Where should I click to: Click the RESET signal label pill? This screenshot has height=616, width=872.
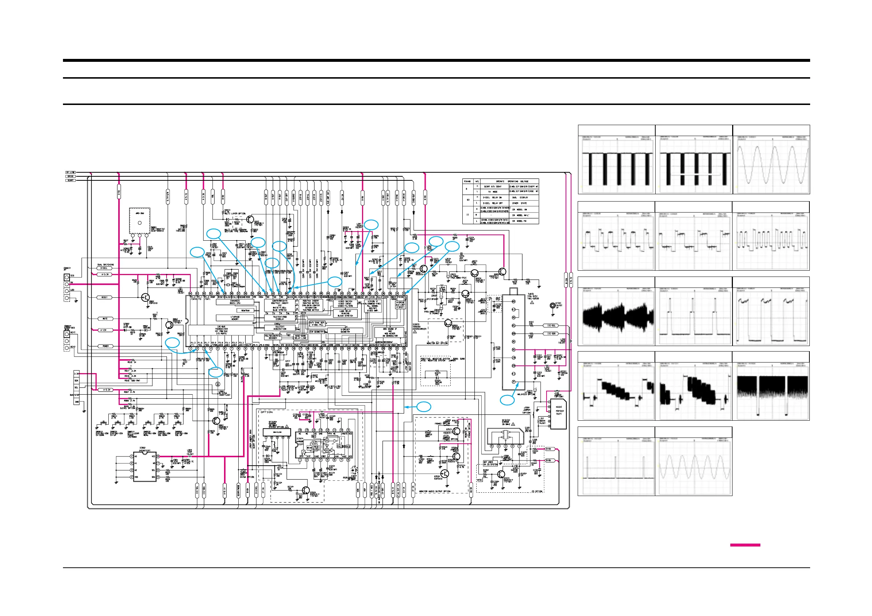(x=105, y=297)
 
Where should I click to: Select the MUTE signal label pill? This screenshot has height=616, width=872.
(x=105, y=319)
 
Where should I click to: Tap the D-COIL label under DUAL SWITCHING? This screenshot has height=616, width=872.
(x=104, y=268)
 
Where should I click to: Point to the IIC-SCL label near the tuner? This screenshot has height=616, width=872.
(x=551, y=326)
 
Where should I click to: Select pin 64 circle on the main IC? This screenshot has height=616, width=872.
(x=190, y=293)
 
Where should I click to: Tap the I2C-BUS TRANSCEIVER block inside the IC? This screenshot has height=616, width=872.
(x=221, y=330)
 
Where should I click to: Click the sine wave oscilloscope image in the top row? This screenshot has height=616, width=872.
(x=771, y=164)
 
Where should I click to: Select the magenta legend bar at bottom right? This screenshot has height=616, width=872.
(x=745, y=545)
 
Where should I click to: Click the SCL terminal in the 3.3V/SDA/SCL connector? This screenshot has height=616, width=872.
(x=77, y=387)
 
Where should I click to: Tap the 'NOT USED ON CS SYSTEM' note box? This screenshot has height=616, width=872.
(x=490, y=463)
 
